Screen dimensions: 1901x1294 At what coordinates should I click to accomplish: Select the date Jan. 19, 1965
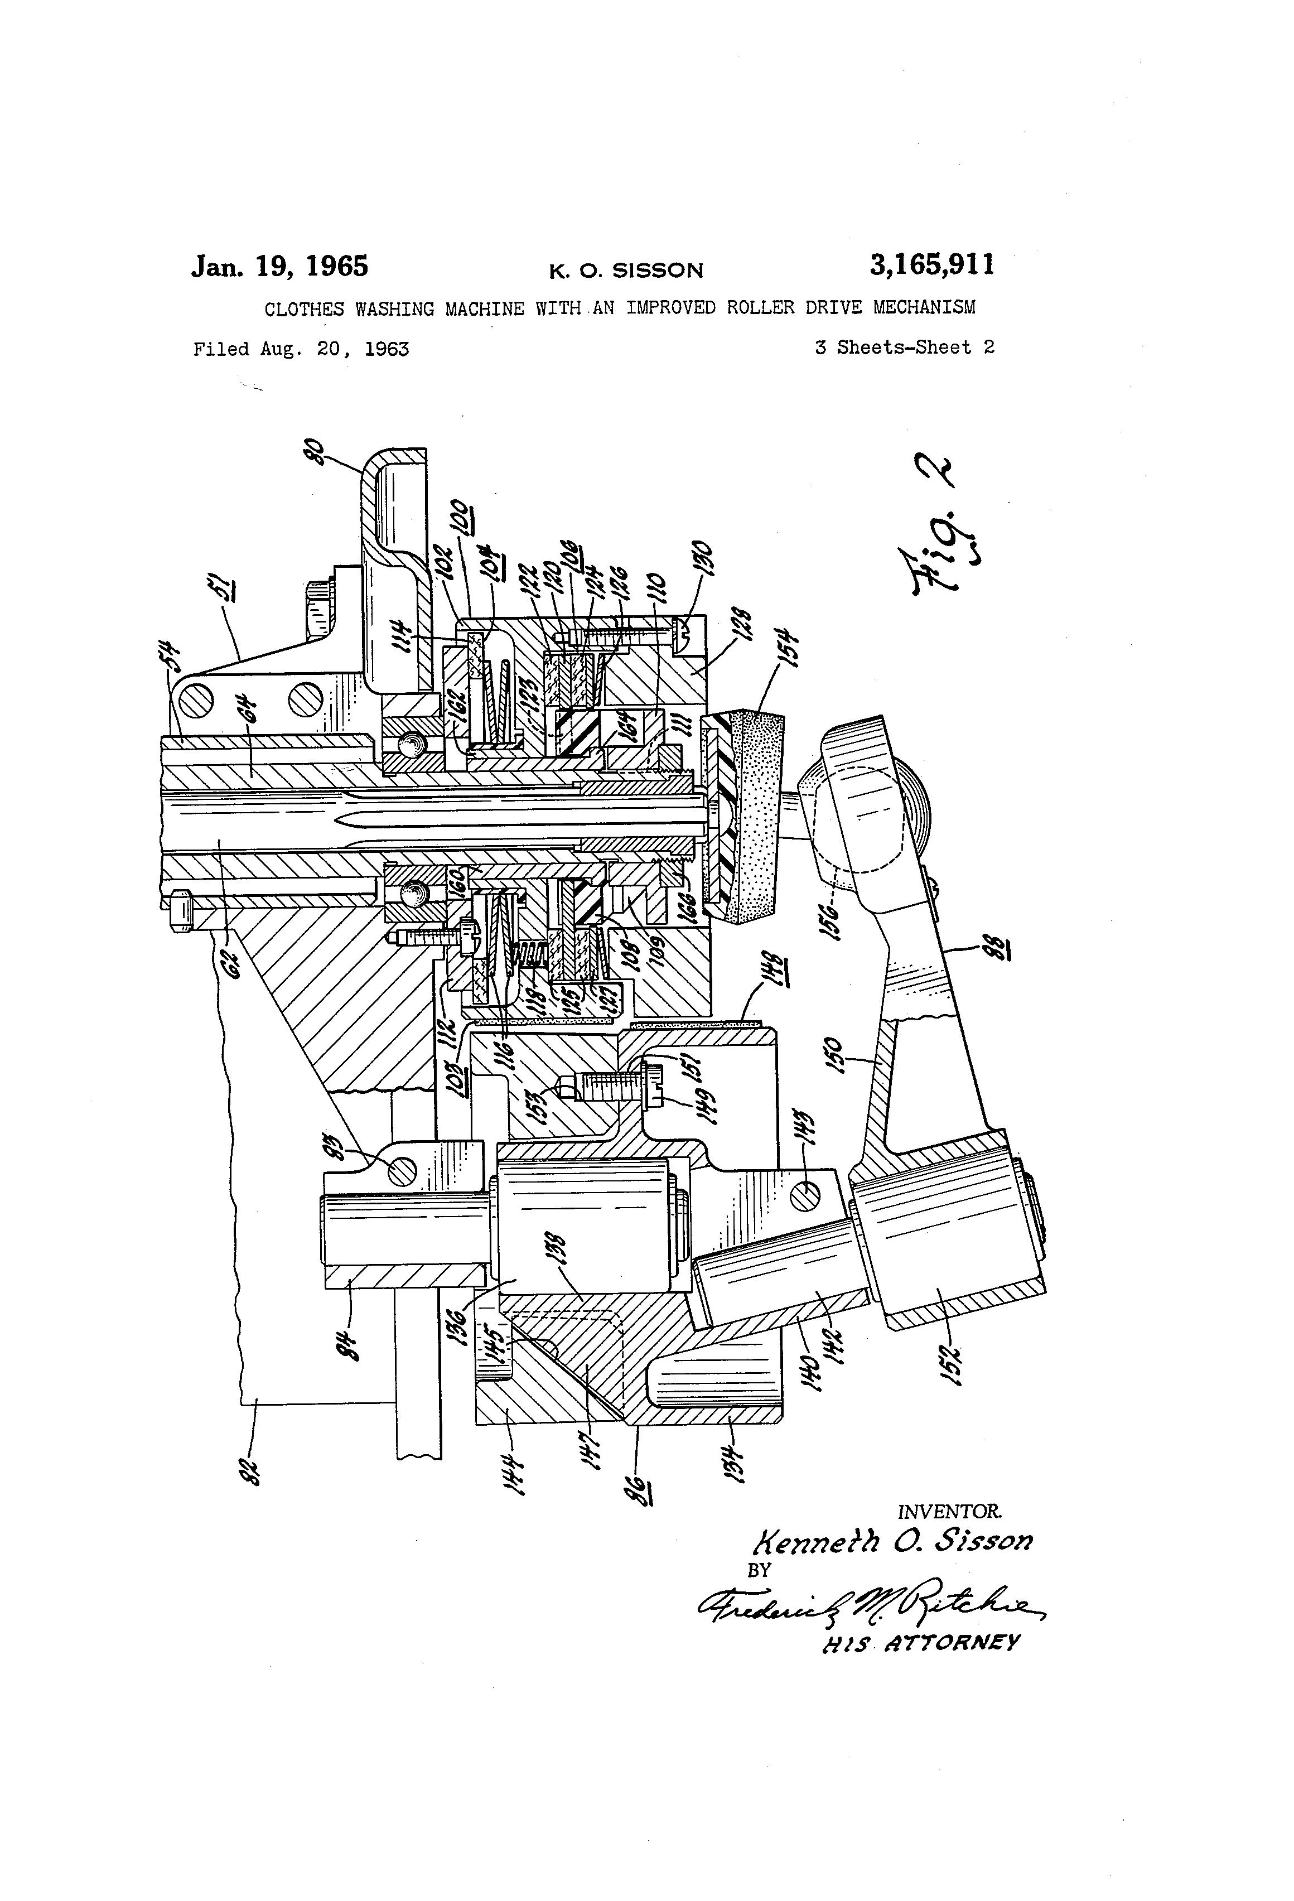(x=280, y=267)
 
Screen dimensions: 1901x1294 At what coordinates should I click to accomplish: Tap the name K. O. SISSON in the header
(x=626, y=271)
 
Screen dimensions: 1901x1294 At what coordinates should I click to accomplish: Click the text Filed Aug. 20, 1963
(x=301, y=349)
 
